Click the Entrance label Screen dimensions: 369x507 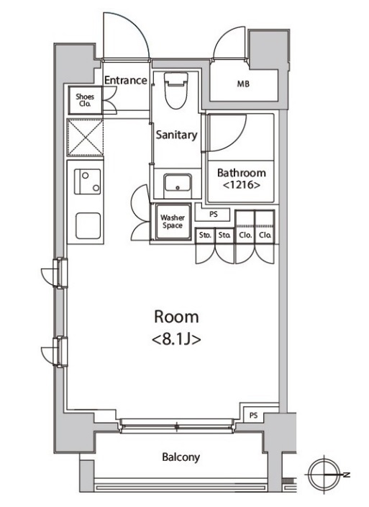(x=126, y=80)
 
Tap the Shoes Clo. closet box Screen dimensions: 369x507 (x=85, y=100)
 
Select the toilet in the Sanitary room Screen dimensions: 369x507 (x=176, y=90)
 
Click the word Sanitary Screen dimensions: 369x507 (x=176, y=135)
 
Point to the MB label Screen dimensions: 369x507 (x=243, y=84)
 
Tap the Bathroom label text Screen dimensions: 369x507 (x=242, y=173)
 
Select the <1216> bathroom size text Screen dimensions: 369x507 (x=242, y=185)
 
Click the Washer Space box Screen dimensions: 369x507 (x=173, y=222)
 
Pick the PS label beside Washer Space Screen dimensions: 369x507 (x=214, y=214)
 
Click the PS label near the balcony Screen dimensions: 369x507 (x=253, y=416)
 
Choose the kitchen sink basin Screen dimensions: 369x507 (x=88, y=225)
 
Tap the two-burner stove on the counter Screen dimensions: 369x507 (x=87, y=181)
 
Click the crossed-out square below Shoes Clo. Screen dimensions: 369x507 (x=85, y=138)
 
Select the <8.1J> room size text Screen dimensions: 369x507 (x=176, y=340)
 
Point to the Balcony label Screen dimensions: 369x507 (x=181, y=457)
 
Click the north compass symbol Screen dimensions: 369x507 (x=324, y=475)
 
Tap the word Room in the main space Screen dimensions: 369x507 (x=176, y=317)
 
